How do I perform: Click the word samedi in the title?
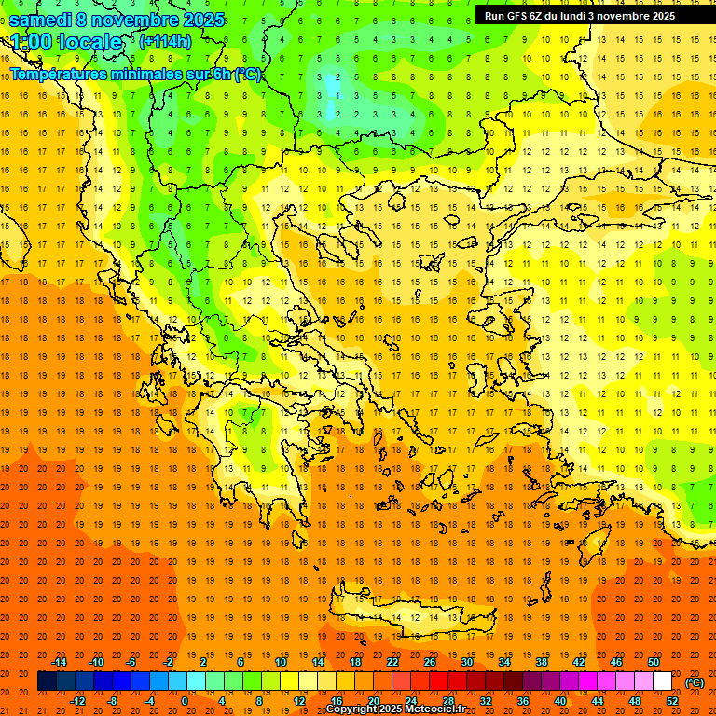pyautogui.click(x=41, y=20)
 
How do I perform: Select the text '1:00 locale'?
pyautogui.click(x=66, y=42)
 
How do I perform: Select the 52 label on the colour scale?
pyautogui.click(x=672, y=701)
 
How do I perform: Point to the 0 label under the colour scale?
pyautogui.click(x=184, y=701)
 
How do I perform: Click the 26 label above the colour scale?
pyautogui.click(x=430, y=662)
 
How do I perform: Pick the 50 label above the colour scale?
pyautogui.click(x=654, y=662)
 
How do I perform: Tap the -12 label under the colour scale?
pyautogui.click(x=77, y=701)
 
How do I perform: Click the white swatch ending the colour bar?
pyautogui.click(x=663, y=682)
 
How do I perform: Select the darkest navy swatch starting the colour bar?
pyautogui.click(x=47, y=682)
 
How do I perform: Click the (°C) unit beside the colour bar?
pyautogui.click(x=694, y=682)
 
